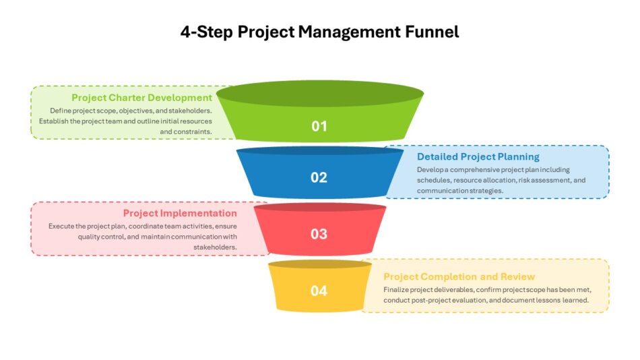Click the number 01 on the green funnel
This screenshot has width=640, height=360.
(x=319, y=126)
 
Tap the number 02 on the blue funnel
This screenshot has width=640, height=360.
(x=319, y=177)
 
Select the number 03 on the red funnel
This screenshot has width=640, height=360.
(x=319, y=234)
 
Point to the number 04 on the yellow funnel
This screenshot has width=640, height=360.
(x=319, y=291)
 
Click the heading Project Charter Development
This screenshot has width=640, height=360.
(x=141, y=98)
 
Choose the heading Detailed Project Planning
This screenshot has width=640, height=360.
(x=478, y=156)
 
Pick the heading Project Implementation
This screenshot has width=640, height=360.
(x=180, y=213)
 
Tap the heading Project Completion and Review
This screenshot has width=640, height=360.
(x=459, y=276)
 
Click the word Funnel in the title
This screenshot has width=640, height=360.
(x=432, y=32)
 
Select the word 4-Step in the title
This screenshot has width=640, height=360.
(x=207, y=32)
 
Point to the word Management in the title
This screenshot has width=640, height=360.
(x=350, y=32)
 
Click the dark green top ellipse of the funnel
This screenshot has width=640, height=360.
(x=320, y=94)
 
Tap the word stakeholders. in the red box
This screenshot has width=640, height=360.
(x=215, y=247)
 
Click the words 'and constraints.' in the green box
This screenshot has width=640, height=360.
(x=186, y=131)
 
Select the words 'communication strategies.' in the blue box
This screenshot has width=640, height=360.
(x=460, y=191)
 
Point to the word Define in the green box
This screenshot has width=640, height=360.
(x=61, y=111)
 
